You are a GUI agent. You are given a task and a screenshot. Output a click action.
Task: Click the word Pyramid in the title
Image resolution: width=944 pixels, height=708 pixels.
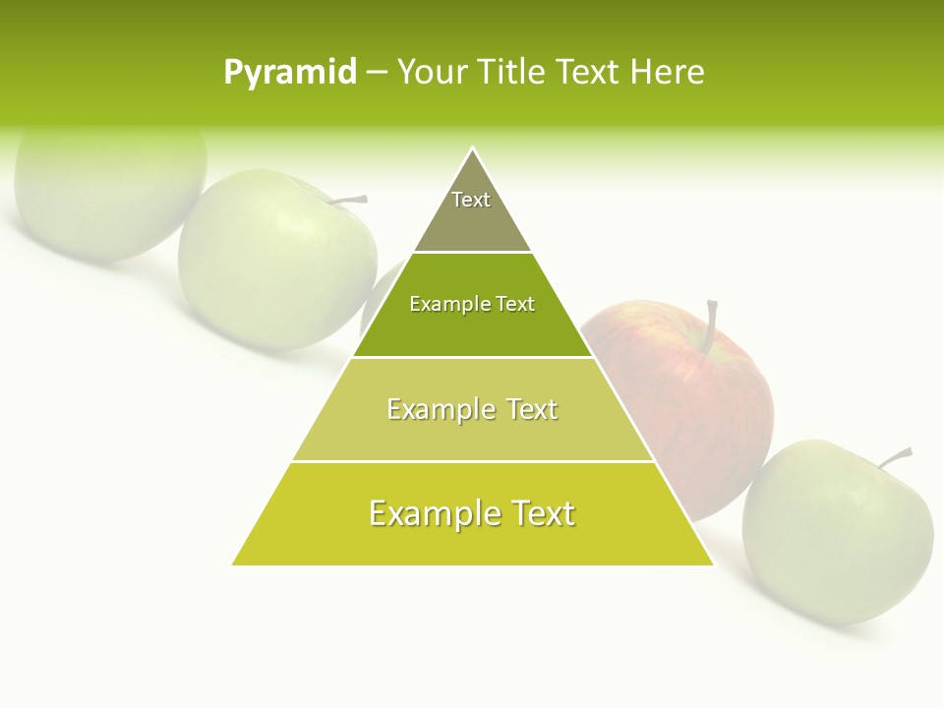(290, 73)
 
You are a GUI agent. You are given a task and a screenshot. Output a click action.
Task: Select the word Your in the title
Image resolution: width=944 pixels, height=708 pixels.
(430, 73)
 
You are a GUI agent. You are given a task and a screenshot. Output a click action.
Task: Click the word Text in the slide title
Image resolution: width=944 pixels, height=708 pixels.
(588, 73)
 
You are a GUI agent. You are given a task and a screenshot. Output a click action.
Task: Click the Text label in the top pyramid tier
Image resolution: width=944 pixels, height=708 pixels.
(471, 200)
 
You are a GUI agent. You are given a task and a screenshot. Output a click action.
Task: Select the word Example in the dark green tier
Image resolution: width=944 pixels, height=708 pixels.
(445, 305)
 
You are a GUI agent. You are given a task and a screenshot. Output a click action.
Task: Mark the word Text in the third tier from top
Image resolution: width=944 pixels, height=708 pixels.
(532, 409)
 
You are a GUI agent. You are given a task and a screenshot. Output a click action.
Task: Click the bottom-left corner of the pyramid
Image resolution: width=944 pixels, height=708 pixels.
(233, 564)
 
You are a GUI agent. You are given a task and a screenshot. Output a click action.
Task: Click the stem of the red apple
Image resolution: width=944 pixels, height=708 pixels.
(710, 324)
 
